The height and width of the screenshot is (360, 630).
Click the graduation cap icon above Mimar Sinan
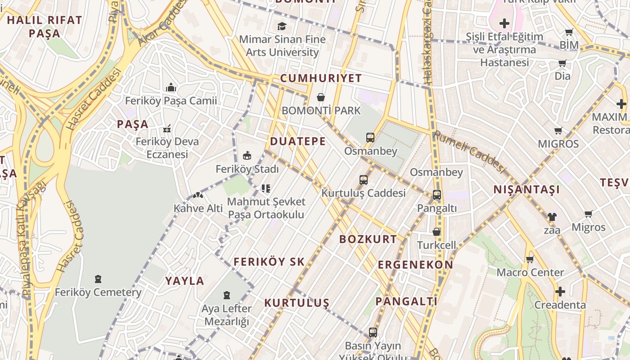click(282, 27)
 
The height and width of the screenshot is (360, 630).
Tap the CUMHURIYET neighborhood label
click(321, 78)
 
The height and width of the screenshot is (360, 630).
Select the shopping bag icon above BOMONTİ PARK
click(321, 97)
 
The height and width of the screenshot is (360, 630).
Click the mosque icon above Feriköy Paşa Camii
click(171, 87)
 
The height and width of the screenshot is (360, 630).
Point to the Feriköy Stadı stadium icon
click(247, 156)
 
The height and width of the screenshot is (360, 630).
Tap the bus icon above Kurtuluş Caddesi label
click(364, 180)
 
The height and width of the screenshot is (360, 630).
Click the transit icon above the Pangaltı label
click(436, 195)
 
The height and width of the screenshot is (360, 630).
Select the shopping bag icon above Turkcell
click(436, 232)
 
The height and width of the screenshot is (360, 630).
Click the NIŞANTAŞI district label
click(526, 189)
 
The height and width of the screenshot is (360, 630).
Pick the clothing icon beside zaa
click(552, 216)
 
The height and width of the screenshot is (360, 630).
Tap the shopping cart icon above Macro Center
click(530, 259)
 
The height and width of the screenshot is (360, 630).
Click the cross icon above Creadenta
click(560, 292)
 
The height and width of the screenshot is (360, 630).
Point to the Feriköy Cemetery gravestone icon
click(98, 279)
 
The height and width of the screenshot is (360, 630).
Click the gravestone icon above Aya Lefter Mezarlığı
click(226, 295)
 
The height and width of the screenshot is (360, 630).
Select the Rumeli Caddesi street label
click(469, 151)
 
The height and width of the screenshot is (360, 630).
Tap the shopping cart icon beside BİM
click(569, 32)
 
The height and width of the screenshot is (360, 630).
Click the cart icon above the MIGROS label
click(558, 131)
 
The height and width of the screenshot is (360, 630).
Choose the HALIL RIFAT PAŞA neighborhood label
click(45, 27)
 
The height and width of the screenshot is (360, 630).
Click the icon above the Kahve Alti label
click(198, 195)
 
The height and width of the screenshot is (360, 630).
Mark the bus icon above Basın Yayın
click(373, 333)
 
